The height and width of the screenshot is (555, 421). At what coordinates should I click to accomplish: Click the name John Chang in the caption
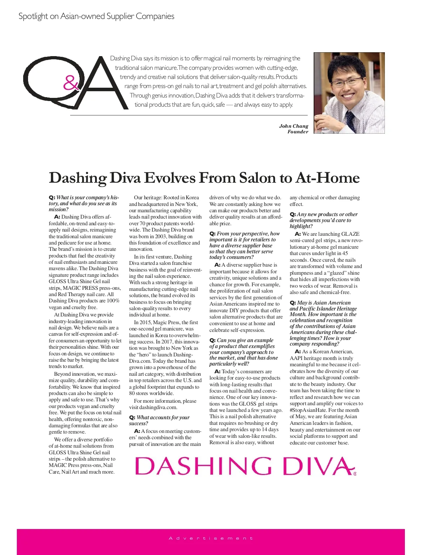point(293,126)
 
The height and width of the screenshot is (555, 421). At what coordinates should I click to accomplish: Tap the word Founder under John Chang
point(298,132)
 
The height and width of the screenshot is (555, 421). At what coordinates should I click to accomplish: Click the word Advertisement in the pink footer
point(210,538)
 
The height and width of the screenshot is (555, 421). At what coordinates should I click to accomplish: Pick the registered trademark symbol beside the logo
point(355,474)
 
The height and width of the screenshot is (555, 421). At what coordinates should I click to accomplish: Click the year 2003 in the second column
point(159,236)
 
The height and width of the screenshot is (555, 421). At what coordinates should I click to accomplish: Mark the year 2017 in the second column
point(166,342)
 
